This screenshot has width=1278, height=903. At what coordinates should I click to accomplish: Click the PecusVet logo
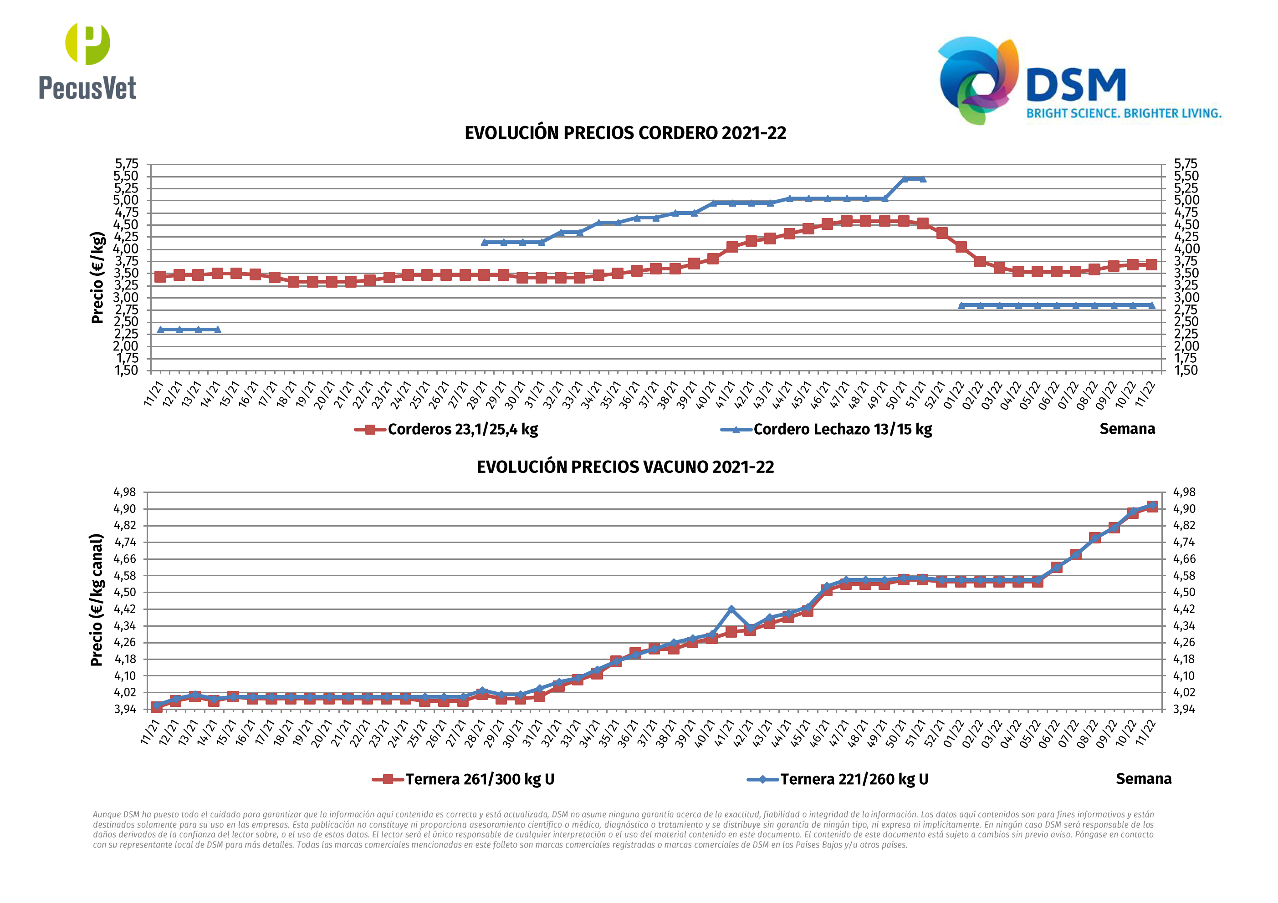point(87,61)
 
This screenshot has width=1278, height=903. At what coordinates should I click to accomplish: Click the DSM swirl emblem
point(978,80)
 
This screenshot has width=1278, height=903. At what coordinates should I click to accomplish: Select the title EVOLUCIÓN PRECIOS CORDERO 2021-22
point(625,133)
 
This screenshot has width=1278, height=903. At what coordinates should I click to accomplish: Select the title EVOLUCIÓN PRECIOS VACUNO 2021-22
point(625,467)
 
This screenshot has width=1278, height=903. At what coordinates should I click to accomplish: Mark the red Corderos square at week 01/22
point(961,247)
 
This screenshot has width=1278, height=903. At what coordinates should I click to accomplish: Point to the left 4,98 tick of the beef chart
point(125,492)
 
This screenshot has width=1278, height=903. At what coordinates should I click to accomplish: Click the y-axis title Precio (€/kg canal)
point(97,600)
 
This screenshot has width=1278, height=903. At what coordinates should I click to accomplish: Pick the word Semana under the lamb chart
point(1127,429)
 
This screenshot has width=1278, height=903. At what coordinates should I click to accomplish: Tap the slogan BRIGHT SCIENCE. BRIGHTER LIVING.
point(1124,113)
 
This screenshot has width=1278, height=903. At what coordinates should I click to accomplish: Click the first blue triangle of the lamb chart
point(160,330)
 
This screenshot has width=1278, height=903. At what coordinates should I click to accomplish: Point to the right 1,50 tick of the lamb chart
point(1186,370)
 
